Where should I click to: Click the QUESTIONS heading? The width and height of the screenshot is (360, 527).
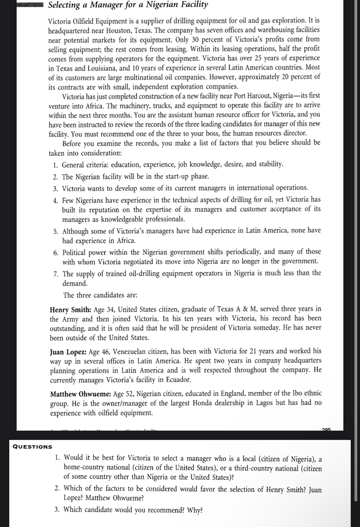click(x=33, y=447)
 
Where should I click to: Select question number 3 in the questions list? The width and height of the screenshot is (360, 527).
click(x=57, y=510)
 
